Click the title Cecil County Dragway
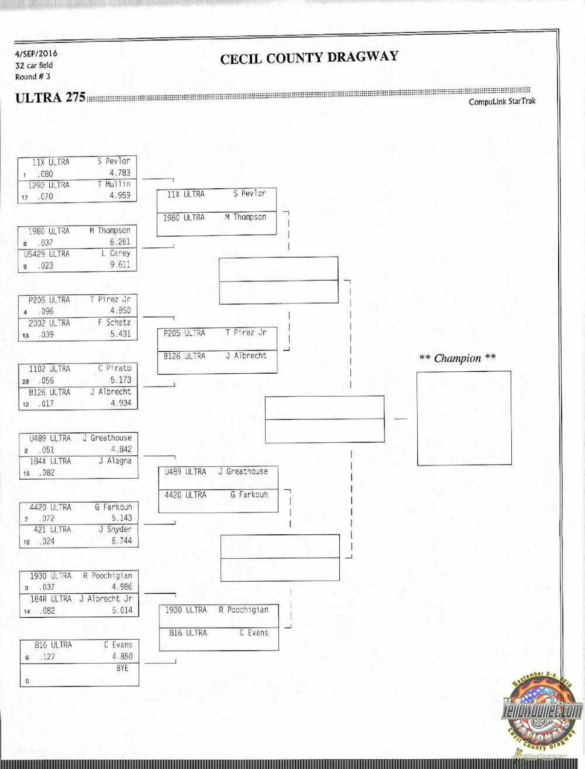(x=309, y=58)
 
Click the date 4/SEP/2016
(x=36, y=54)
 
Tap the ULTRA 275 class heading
(x=50, y=98)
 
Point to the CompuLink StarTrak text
(x=502, y=101)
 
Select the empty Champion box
(x=464, y=418)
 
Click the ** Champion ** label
(x=457, y=358)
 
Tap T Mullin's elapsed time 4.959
(x=120, y=196)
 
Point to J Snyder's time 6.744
(x=121, y=541)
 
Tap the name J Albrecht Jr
(x=106, y=599)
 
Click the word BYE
(x=122, y=668)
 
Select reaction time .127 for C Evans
(x=47, y=657)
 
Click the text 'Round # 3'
(x=32, y=77)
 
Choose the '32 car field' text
(x=34, y=65)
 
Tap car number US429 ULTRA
(x=47, y=254)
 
